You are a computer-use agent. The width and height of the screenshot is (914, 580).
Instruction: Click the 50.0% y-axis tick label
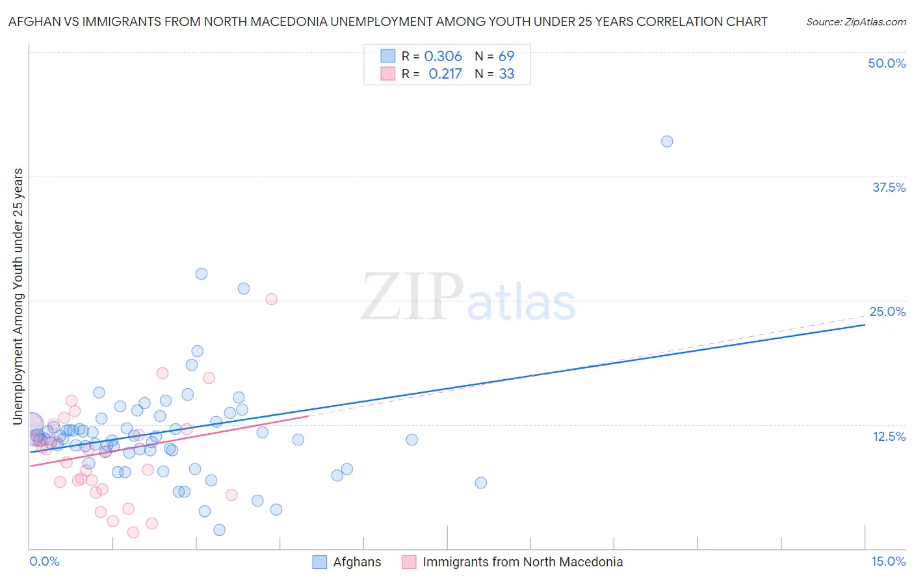pos(887,63)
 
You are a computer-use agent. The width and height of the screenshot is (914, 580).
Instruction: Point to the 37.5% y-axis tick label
pos(889,187)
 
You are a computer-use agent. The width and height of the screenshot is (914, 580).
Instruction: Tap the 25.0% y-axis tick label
pos(887,311)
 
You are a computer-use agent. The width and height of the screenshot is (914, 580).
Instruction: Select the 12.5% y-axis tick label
pos(889,436)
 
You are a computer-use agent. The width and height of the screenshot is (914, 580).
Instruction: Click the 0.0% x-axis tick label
pos(44,561)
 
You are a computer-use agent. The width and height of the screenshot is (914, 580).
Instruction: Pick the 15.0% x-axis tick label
pos(888,561)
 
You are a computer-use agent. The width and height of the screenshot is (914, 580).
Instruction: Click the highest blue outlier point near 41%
pos(667,141)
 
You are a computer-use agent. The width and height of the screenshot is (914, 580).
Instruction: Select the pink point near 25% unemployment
pos(272,299)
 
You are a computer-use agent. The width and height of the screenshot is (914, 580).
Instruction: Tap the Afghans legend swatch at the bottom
pos(320,562)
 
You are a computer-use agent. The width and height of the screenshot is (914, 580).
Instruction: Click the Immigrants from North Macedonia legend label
pos(523,562)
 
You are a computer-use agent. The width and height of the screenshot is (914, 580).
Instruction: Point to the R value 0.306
pos(443,57)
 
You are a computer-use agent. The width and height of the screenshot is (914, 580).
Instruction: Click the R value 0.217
pos(445,74)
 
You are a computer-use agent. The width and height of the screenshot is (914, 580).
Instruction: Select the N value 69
pos(506,57)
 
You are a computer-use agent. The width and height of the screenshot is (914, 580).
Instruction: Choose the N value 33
pos(506,74)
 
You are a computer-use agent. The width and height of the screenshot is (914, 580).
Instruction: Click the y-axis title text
pos(18,297)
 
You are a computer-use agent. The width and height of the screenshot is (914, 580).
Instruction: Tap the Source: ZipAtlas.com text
pos(855,22)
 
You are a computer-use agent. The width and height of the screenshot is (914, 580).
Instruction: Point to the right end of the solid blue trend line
pos(865,324)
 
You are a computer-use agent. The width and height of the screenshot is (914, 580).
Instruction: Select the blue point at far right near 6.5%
pos(481,482)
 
